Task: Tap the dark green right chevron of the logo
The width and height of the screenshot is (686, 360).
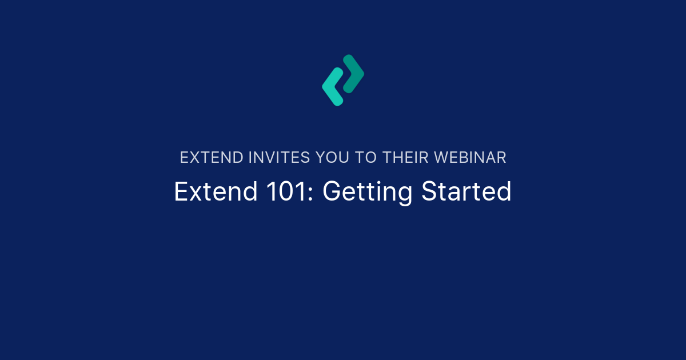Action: point(353,74)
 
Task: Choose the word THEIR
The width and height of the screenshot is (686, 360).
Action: point(408,158)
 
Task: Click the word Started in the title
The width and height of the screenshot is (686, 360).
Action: point(466,192)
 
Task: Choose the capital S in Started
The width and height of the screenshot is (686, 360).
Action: point(429,192)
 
